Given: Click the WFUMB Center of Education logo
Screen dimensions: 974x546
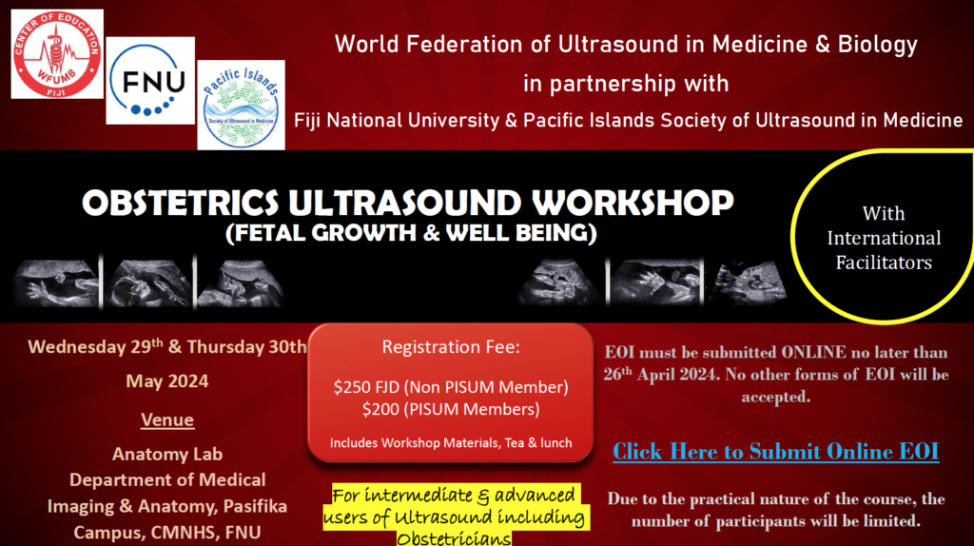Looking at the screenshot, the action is [x=57, y=54].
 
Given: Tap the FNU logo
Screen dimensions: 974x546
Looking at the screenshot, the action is [x=150, y=81].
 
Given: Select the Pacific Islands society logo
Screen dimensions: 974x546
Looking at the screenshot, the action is [x=241, y=105].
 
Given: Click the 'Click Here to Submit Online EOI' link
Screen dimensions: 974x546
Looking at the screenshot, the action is [x=776, y=452].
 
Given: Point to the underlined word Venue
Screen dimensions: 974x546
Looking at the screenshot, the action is [x=167, y=419].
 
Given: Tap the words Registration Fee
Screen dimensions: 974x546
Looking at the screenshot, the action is [x=450, y=346].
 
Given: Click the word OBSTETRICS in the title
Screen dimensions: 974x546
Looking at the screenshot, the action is [x=181, y=203].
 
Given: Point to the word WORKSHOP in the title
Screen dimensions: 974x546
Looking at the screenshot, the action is [x=633, y=203].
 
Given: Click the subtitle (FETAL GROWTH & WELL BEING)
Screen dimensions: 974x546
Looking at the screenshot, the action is [x=411, y=233].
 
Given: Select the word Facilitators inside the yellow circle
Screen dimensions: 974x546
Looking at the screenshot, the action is [x=884, y=263].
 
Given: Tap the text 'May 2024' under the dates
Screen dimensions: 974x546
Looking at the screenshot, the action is [x=167, y=380].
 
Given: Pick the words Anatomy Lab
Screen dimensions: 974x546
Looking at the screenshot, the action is [x=167, y=454].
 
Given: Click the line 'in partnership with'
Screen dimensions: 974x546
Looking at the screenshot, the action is [x=626, y=84].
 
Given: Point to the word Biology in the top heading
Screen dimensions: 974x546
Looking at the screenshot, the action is [x=878, y=45].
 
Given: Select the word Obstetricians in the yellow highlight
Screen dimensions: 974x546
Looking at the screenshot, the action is [x=454, y=538].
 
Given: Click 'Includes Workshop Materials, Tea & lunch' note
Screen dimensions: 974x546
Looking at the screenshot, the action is [x=451, y=443].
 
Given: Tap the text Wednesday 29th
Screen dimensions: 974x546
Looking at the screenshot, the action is [x=96, y=346].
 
